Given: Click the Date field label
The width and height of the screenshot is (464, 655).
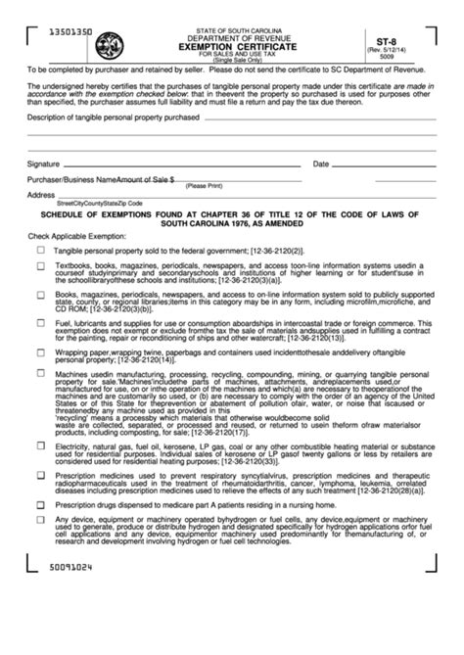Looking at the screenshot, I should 321,164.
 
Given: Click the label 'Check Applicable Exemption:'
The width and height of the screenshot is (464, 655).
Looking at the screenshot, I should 77,237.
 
